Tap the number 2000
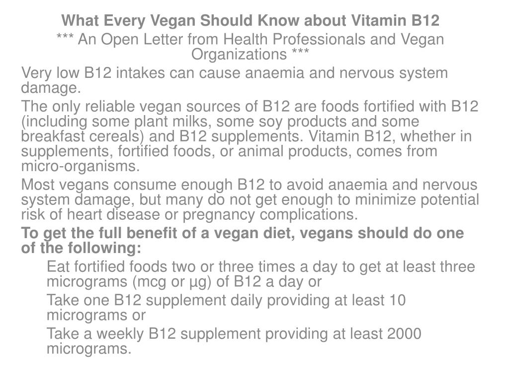click(403, 334)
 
